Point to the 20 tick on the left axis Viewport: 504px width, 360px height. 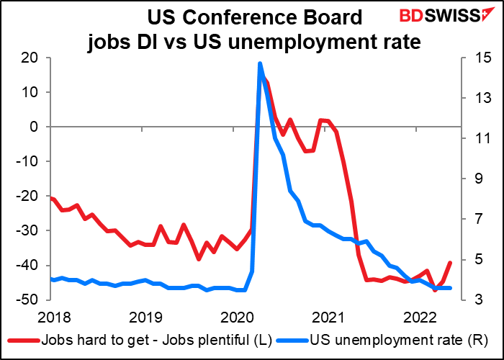38,58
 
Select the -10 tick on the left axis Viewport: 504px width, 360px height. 35,161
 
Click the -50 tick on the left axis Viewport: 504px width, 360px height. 35,300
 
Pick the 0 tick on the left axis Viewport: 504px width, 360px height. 42,127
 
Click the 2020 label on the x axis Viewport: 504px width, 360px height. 233,318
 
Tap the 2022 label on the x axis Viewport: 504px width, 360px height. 417,318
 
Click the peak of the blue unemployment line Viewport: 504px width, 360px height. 260,63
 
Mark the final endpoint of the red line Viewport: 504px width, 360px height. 450,263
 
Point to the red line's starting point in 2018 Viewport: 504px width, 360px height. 51,198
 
